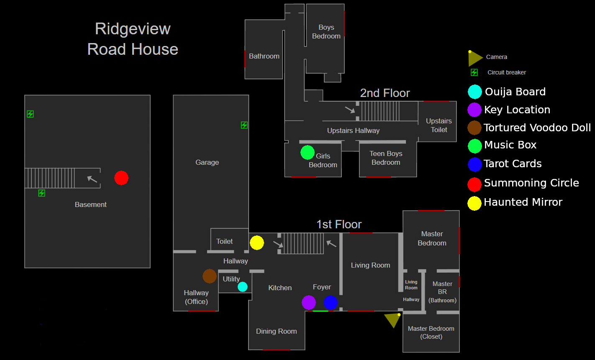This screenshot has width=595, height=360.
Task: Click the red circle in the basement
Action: tap(121, 178)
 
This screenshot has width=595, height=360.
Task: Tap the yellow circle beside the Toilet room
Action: tap(257, 243)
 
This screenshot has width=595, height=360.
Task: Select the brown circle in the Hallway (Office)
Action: tap(210, 276)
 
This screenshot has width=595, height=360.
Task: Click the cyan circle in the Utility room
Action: tap(243, 287)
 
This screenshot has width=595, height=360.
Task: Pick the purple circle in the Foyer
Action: tap(309, 302)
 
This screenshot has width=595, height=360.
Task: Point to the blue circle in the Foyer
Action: tap(331, 302)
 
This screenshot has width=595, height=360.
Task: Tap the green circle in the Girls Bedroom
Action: tap(308, 152)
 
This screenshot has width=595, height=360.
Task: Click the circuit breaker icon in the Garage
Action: tap(244, 125)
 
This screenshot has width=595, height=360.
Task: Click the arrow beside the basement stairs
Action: tap(92, 179)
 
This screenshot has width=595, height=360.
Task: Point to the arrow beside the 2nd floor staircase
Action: tap(350, 110)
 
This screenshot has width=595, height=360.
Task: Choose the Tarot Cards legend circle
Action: tap(474, 164)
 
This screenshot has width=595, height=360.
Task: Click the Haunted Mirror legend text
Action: tap(523, 202)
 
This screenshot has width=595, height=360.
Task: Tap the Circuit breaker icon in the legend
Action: tap(474, 72)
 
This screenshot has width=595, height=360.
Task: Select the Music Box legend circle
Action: tap(474, 146)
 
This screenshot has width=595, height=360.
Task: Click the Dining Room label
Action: tap(276, 332)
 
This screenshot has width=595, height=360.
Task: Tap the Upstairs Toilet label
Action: tap(439, 125)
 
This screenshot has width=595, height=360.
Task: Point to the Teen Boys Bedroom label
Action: tap(386, 158)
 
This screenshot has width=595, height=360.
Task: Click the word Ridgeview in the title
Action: tap(133, 29)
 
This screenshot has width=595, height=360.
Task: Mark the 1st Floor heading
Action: tap(339, 225)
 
